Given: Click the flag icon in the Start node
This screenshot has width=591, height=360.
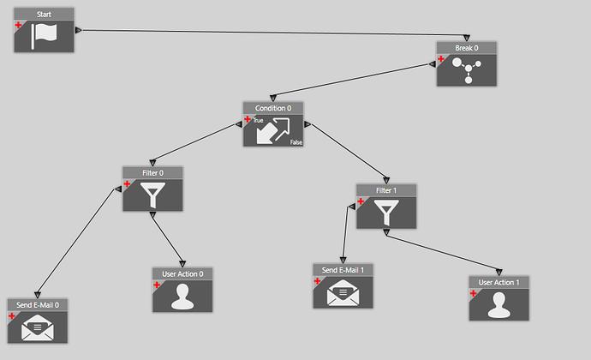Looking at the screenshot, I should click(44, 36).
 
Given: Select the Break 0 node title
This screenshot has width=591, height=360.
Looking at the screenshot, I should click(466, 47).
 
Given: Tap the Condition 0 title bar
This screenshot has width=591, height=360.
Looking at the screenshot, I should click(272, 108).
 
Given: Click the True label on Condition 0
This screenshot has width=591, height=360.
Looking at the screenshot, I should click(258, 121).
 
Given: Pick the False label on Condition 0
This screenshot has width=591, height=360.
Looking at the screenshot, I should click(295, 141).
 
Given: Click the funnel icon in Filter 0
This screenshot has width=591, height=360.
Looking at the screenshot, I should click(152, 195).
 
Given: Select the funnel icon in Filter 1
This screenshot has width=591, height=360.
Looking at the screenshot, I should click(386, 212).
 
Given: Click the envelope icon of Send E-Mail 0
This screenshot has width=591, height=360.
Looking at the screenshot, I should click(37, 327).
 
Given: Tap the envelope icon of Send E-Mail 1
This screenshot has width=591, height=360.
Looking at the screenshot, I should click(343, 292).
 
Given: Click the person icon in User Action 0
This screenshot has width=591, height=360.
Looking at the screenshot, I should click(182, 295).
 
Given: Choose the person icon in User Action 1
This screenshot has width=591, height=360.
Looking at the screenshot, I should click(498, 303).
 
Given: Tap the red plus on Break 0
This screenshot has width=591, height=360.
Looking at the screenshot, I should click(442, 59).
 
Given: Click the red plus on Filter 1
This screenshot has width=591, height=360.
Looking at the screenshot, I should click(361, 202).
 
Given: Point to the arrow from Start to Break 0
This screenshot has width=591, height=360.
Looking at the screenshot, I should click(257, 32).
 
